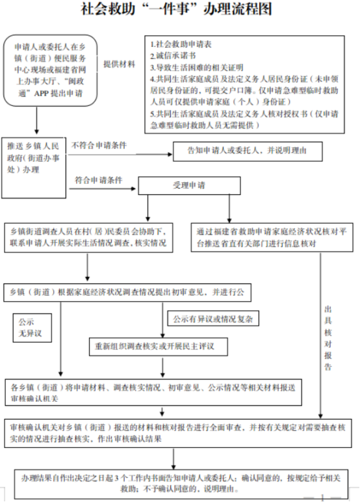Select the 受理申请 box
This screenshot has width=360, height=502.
188,186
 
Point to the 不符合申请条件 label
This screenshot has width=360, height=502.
99,144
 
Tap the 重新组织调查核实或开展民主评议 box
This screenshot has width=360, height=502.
159,347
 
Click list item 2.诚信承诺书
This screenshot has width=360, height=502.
172,57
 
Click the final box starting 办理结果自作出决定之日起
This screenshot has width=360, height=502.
179,482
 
